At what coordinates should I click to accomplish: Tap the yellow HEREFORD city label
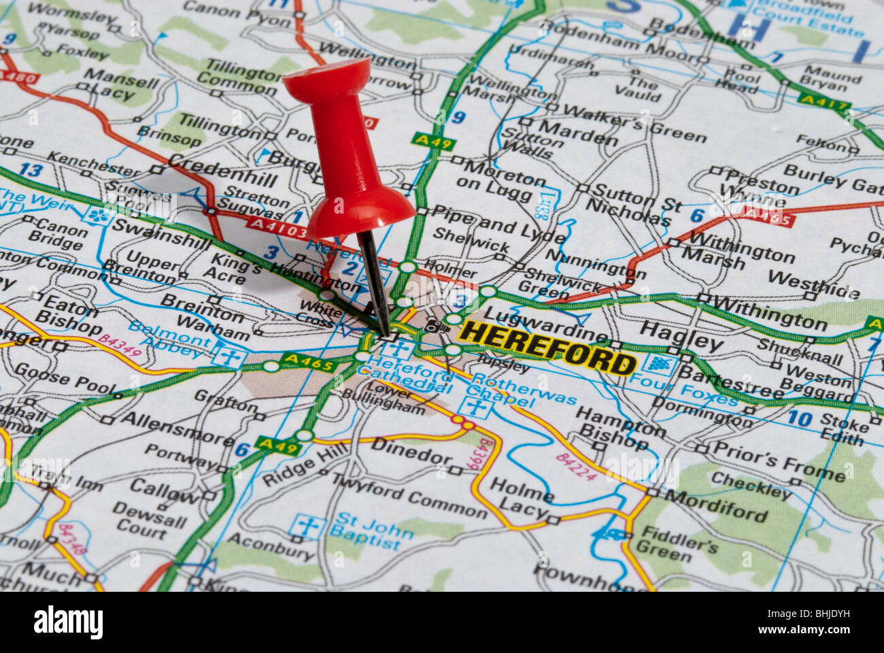(x=548, y=348)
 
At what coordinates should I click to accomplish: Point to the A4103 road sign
(x=277, y=228)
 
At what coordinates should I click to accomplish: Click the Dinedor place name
(x=408, y=452)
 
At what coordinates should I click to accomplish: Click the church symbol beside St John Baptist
(x=307, y=528)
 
